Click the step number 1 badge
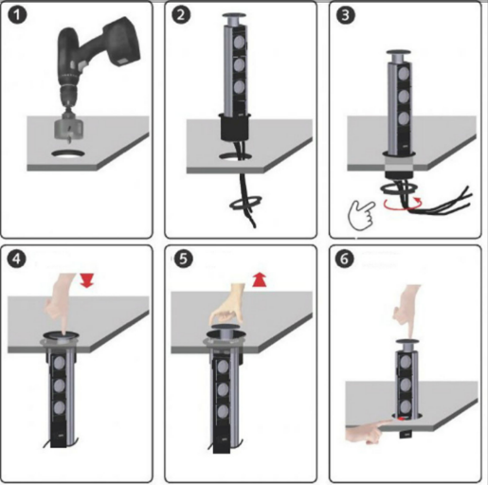17,15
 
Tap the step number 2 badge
181,15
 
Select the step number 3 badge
346,15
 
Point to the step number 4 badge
17,259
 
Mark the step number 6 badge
345,259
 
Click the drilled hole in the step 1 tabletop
69,153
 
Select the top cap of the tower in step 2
236,15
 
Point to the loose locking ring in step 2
245,203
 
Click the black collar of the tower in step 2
235,126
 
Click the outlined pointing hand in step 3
362,214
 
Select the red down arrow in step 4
86,280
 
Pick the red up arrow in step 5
260,280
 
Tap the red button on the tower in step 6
401,419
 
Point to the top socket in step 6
406,361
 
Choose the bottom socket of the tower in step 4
60,408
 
